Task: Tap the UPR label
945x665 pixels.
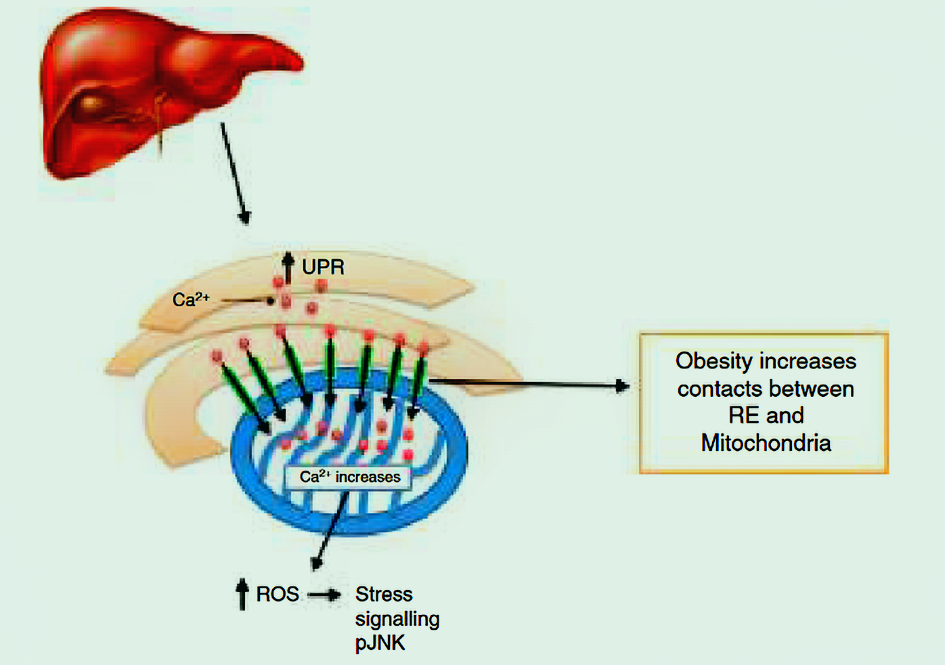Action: tap(323, 267)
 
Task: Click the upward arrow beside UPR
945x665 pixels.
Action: tap(288, 267)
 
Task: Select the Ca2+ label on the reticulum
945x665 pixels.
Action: tap(191, 299)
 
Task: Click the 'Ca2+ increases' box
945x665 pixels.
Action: tap(349, 477)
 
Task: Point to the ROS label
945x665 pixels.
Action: tap(277, 594)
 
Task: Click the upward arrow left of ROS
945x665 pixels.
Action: tap(242, 594)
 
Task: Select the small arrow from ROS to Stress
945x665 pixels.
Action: tap(325, 595)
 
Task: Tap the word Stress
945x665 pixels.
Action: tap(384, 594)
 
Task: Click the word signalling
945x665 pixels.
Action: tap(397, 619)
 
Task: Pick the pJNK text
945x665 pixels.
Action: tap(380, 643)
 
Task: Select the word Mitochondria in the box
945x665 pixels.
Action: tap(766, 443)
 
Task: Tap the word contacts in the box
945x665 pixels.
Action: tap(717, 389)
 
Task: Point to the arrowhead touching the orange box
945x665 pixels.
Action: tap(622, 386)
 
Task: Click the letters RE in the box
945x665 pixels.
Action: tap(743, 415)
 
